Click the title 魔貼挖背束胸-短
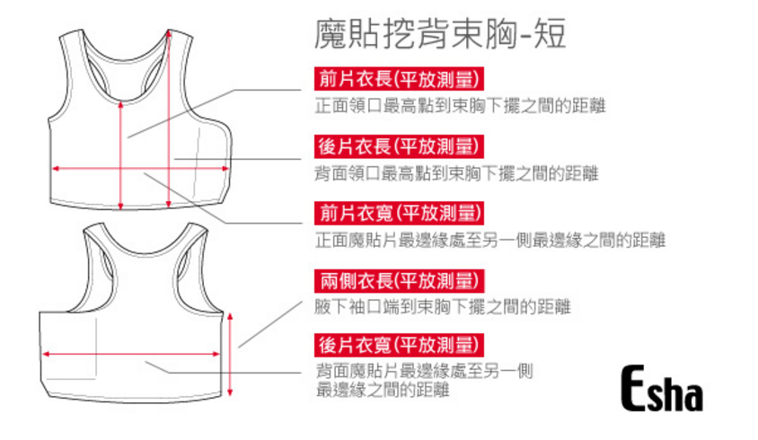(x=440, y=35)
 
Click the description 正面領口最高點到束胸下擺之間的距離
(x=459, y=105)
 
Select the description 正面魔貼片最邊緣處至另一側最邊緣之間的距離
(x=489, y=240)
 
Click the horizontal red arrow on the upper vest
(x=90, y=167)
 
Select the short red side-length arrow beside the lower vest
(x=232, y=354)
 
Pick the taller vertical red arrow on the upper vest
(x=167, y=117)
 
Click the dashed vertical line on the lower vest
(x=96, y=346)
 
